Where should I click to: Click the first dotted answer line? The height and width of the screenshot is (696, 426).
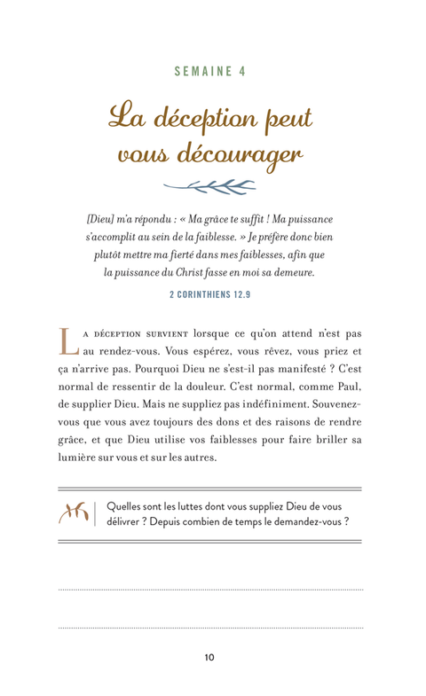[209, 589]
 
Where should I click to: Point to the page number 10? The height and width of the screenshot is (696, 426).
[209, 657]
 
